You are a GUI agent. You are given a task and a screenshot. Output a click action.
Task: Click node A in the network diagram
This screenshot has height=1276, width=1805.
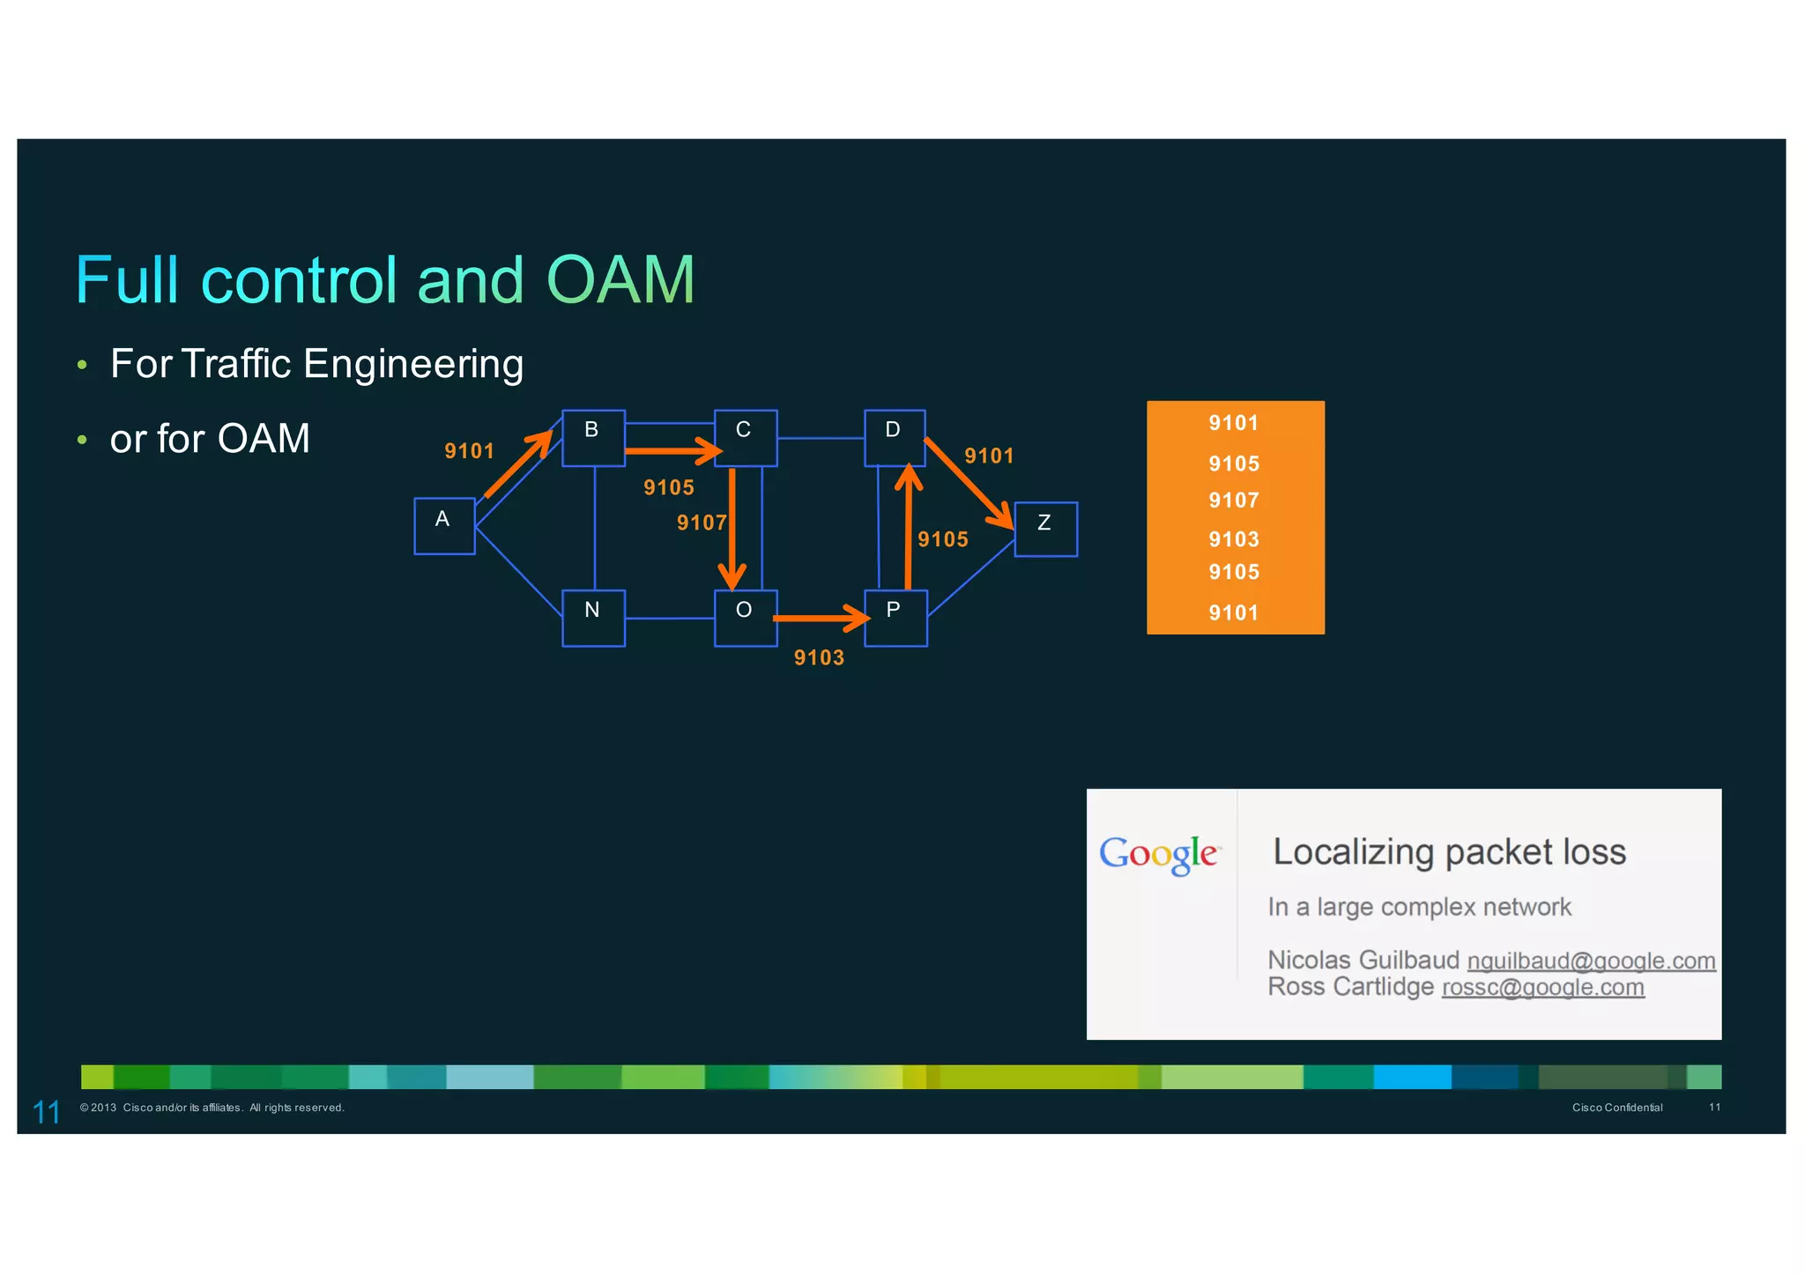click(x=444, y=526)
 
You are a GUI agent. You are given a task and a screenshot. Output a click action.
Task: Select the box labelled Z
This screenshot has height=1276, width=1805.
click(x=1045, y=529)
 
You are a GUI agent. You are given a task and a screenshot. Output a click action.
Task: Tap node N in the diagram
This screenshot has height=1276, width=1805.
click(x=593, y=618)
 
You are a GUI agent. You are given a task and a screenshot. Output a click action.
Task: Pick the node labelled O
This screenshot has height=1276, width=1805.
click(x=745, y=618)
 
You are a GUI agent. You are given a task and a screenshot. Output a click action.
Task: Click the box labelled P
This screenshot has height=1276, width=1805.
click(x=895, y=618)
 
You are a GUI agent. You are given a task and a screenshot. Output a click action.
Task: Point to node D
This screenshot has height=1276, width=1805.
click(x=894, y=437)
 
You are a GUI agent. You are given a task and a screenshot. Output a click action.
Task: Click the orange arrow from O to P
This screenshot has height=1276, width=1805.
click(x=820, y=619)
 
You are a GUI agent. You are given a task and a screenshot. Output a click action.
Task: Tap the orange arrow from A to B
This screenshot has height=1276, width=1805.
click(x=518, y=464)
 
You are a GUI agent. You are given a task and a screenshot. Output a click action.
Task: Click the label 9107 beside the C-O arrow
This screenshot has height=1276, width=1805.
click(x=701, y=523)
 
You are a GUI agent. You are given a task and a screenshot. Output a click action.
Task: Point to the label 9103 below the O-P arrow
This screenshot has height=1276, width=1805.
click(x=819, y=657)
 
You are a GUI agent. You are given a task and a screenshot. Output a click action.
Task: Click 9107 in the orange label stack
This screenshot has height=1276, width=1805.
click(x=1233, y=501)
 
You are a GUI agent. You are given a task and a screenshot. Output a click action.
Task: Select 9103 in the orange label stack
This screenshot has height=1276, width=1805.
click(x=1233, y=539)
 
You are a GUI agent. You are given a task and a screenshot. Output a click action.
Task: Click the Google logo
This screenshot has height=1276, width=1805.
click(x=1159, y=853)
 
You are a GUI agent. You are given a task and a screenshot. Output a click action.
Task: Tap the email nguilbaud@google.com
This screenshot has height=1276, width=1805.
click(x=1591, y=961)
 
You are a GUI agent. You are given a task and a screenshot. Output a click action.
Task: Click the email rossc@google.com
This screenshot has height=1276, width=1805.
click(x=1542, y=987)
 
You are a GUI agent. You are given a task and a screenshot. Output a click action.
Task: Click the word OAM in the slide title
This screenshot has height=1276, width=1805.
click(x=620, y=280)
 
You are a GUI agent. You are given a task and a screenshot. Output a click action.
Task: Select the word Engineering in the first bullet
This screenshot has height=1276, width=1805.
click(x=413, y=364)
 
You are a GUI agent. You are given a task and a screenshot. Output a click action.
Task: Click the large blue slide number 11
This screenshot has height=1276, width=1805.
click(x=46, y=1112)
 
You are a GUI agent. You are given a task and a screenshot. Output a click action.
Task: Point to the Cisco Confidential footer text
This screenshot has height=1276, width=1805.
click(x=1617, y=1108)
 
